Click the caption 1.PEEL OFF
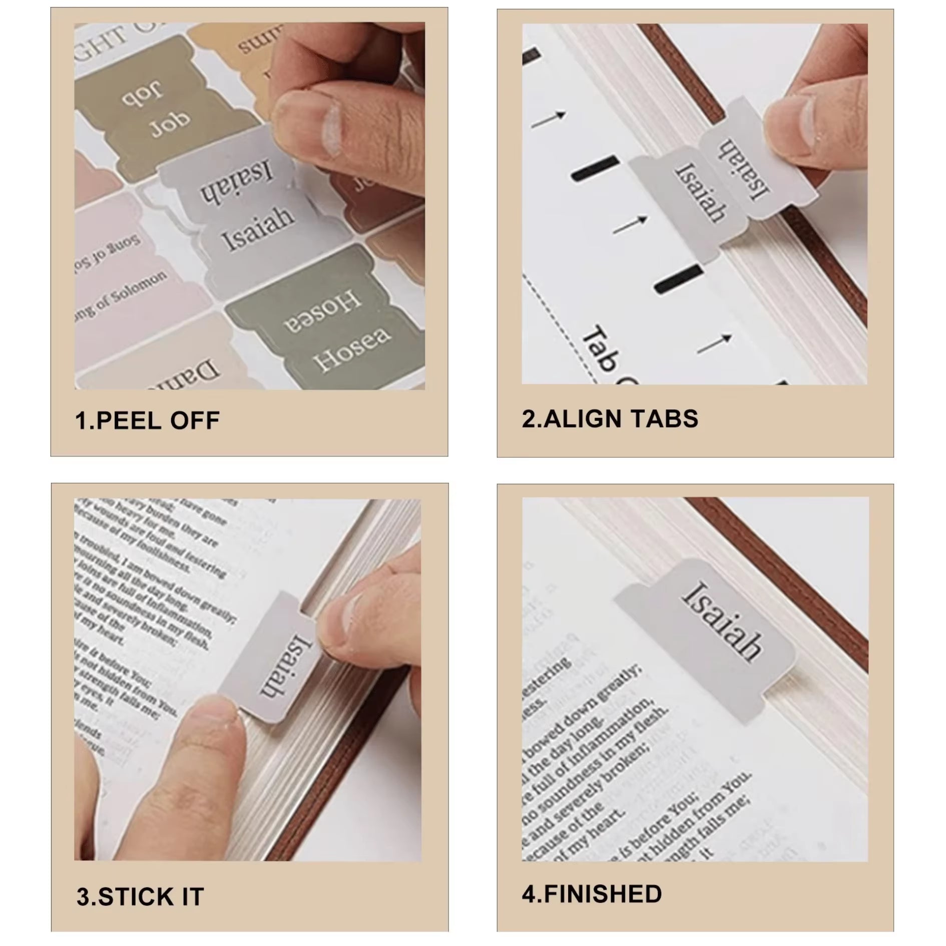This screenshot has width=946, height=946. click(x=147, y=420)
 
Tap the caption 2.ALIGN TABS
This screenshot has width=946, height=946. click(x=610, y=418)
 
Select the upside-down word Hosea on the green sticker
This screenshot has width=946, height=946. click(x=320, y=310)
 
